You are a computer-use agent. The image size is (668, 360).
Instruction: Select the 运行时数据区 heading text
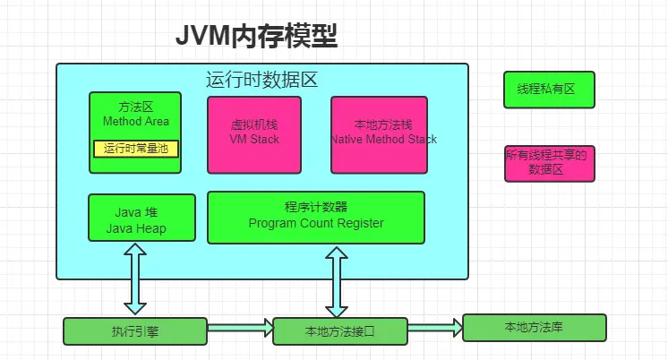(262, 80)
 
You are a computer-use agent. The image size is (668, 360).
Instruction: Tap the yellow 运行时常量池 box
(136, 149)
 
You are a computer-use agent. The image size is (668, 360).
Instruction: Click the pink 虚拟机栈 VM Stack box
(254, 134)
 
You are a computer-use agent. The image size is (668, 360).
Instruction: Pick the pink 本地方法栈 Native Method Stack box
(383, 134)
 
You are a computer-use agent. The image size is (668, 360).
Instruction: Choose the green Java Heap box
(141, 219)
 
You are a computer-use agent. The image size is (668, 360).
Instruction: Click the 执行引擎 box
(135, 331)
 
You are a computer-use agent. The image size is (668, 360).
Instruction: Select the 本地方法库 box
(534, 327)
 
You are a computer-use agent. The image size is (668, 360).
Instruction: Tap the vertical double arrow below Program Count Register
(337, 280)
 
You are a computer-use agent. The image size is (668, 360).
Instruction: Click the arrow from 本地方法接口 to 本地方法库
(435, 326)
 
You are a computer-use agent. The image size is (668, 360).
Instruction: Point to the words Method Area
(136, 122)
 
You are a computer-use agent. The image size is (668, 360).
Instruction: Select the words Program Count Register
(316, 224)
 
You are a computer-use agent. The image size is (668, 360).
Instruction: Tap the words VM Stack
(254, 140)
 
